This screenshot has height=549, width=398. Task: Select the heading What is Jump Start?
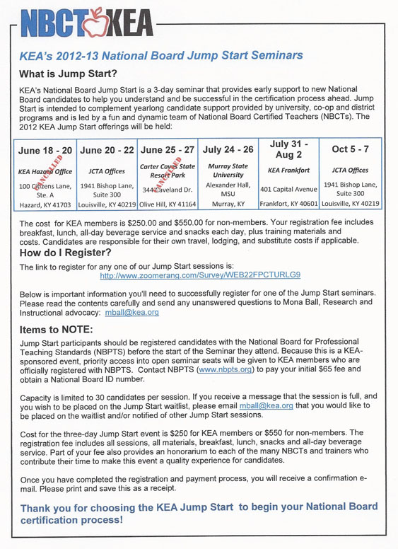pos(68,74)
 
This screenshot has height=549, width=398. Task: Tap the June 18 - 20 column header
pos(45,150)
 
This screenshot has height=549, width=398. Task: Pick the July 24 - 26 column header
pos(228,150)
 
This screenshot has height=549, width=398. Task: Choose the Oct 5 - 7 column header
pos(351,150)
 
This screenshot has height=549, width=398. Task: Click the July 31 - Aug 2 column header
pos(291,149)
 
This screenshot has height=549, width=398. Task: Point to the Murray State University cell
pos(228,171)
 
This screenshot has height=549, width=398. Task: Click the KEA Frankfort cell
pos(291,171)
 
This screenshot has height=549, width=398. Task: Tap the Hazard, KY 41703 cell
pos(45,204)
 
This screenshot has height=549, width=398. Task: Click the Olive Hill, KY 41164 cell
pos(168,204)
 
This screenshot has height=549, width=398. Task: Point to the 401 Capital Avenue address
pos(291,189)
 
